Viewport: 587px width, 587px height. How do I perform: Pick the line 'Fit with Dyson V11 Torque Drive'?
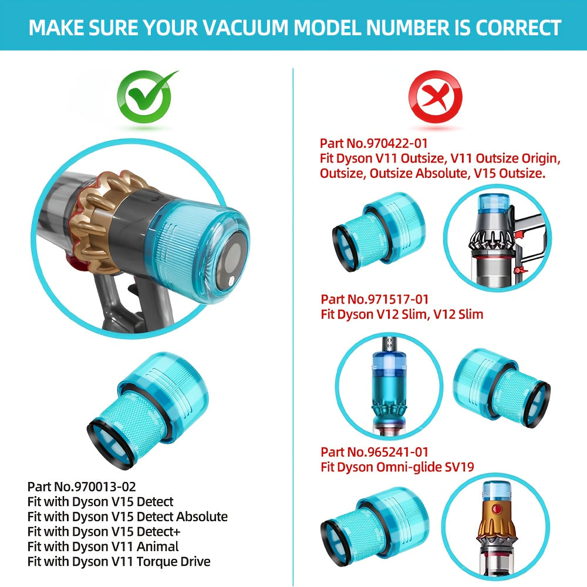pyautogui.click(x=119, y=562)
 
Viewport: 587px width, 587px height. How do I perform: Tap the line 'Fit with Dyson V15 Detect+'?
pyautogui.click(x=104, y=531)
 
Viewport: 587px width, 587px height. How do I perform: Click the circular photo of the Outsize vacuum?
pyautogui.click(x=497, y=235)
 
